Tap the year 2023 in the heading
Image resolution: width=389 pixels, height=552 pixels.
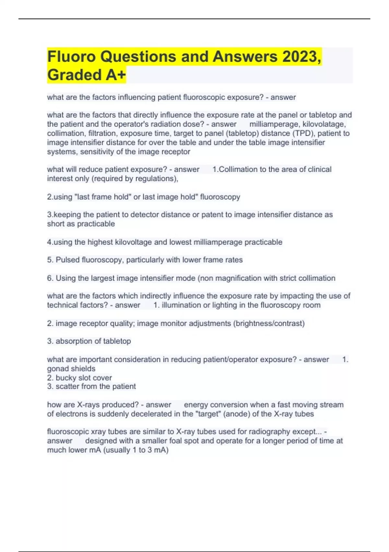pos(301,57)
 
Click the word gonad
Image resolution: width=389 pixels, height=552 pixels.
pos(57,369)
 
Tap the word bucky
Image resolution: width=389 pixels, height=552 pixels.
pos(66,378)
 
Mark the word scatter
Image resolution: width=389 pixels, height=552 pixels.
pos(67,386)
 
